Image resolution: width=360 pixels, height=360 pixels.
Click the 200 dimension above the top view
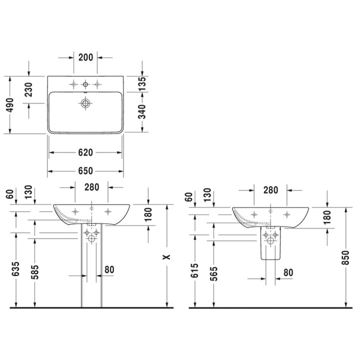pyautogui.click(x=85, y=57)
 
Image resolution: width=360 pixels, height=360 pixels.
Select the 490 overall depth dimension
pyautogui.click(x=10, y=105)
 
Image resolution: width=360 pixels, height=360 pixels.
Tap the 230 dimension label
pyautogui.click(x=28, y=89)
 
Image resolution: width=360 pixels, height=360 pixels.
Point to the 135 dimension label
pyautogui.click(x=142, y=83)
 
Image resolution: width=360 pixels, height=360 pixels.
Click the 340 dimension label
pyautogui.click(x=142, y=111)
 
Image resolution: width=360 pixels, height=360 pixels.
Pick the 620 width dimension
pyautogui.click(x=85, y=152)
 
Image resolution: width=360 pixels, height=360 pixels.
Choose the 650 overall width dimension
pyautogui.click(x=85, y=171)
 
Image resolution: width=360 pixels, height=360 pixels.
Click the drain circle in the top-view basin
pyautogui.click(x=85, y=103)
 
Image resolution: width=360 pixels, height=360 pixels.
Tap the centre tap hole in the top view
pyautogui.click(x=85, y=84)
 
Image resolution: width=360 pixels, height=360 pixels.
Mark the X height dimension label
pyautogui.click(x=166, y=257)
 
